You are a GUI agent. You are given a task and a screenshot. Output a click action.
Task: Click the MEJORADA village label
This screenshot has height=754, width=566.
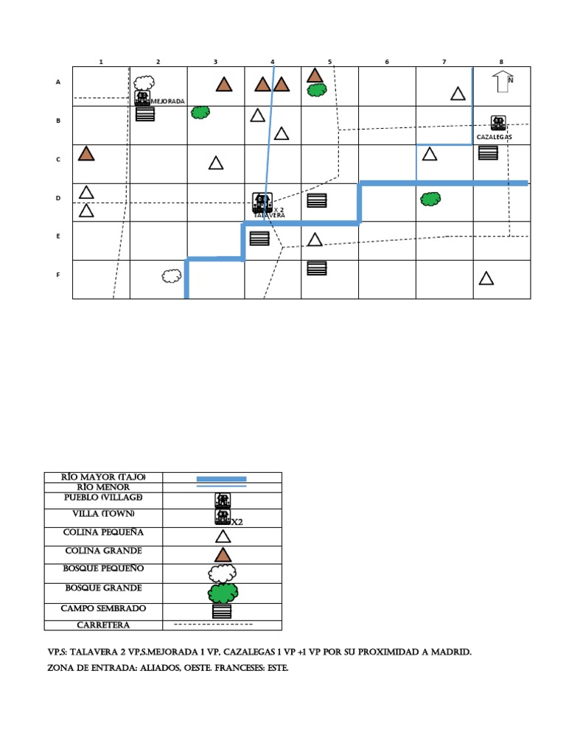pyautogui.click(x=167, y=101)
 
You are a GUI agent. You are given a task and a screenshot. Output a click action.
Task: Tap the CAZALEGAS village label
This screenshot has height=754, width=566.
pyautogui.click(x=494, y=137)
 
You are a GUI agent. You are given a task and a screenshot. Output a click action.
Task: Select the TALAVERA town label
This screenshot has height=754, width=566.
pyautogui.click(x=269, y=215)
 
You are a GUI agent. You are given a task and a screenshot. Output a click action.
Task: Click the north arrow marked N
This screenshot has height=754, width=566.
pyautogui.click(x=504, y=82)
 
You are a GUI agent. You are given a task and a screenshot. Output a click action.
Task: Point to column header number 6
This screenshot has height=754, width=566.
pyautogui.click(x=386, y=62)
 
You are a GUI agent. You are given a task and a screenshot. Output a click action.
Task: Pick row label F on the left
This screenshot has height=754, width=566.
pyautogui.click(x=58, y=275)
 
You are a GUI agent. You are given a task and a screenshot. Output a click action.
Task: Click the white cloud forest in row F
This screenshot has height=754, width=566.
pyautogui.click(x=171, y=275)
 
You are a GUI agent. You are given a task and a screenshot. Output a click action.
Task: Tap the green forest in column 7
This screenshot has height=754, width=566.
pyautogui.click(x=430, y=199)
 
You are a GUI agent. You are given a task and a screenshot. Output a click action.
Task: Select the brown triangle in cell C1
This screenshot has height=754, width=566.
pyautogui.click(x=86, y=153)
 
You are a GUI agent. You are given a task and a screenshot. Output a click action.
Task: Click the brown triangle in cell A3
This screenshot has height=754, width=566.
pyautogui.click(x=224, y=85)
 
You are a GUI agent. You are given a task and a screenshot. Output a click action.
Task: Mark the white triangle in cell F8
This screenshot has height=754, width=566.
pyautogui.click(x=486, y=278)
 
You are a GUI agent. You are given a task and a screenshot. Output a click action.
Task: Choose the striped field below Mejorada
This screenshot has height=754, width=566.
pyautogui.click(x=145, y=114)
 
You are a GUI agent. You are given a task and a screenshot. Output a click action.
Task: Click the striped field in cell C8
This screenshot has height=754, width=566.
pyautogui.click(x=488, y=153)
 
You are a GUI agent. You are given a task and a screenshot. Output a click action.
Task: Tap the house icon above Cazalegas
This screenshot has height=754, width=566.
pyautogui.click(x=498, y=123)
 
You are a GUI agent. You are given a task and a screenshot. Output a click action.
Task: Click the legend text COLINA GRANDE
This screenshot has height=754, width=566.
pyautogui.click(x=103, y=551)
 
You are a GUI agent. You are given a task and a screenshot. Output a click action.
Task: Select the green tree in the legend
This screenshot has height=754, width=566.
pyautogui.click(x=222, y=591)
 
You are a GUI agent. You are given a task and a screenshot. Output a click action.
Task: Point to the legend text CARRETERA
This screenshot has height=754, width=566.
pyautogui.click(x=103, y=625)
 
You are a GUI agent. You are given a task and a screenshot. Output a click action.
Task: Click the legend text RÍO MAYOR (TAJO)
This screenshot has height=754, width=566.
pyautogui.click(x=103, y=477)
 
